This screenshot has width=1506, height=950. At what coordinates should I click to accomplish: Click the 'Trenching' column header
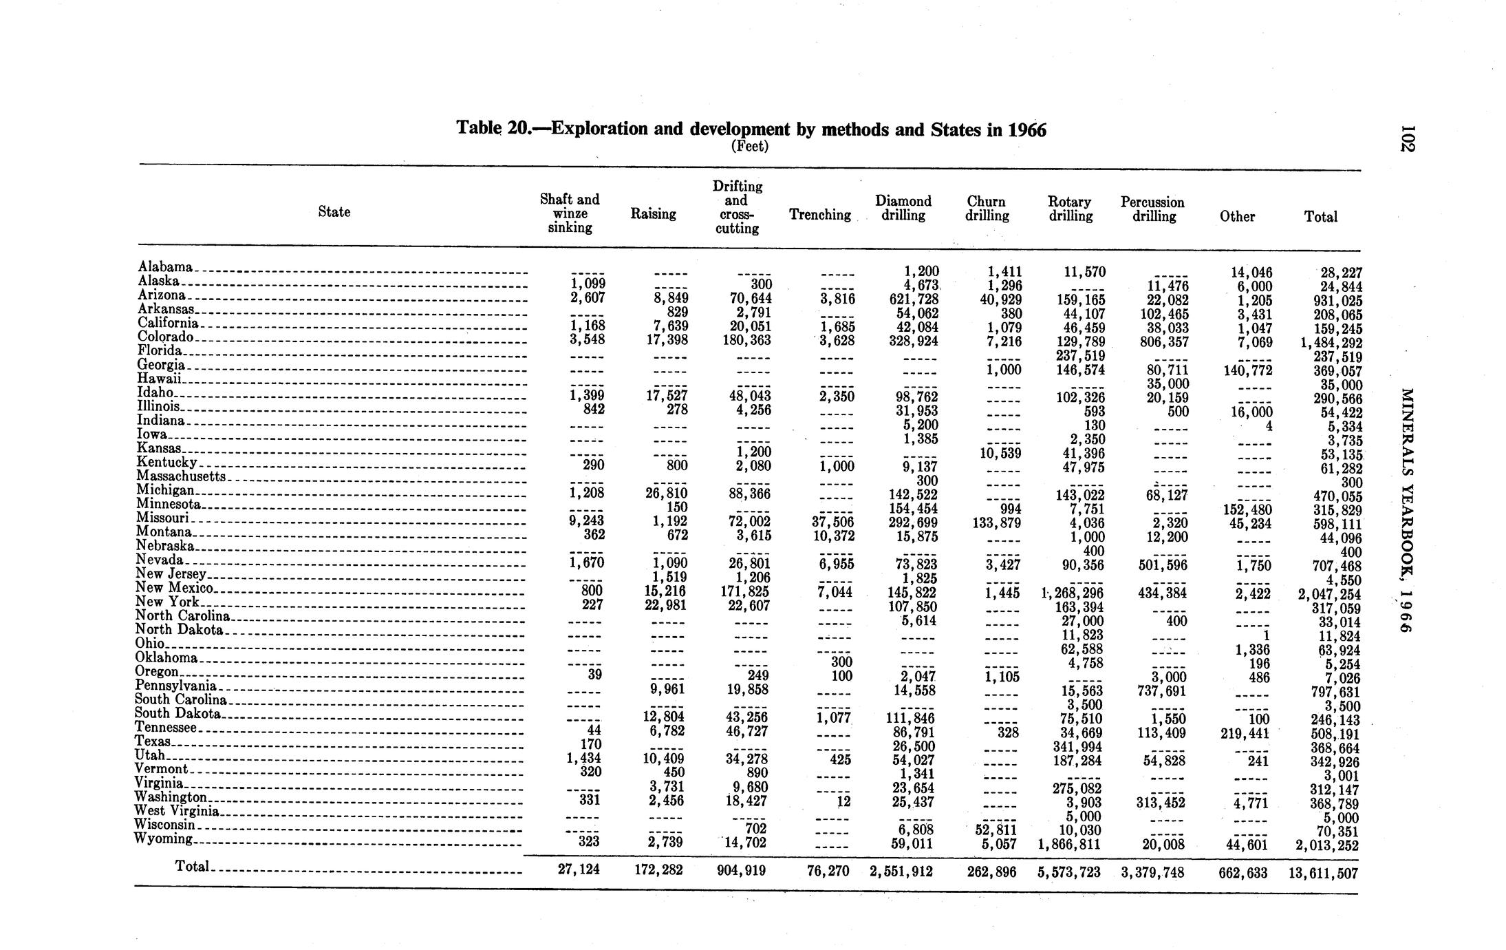click(x=819, y=215)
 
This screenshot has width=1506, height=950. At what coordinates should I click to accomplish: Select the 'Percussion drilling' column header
click(x=1152, y=209)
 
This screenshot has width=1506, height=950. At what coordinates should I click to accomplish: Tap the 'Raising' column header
click(x=653, y=215)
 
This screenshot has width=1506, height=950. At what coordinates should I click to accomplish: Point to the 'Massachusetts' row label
click(x=181, y=476)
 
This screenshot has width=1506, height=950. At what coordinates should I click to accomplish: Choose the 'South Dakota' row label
click(x=178, y=714)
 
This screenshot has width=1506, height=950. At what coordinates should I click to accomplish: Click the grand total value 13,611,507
click(x=1323, y=874)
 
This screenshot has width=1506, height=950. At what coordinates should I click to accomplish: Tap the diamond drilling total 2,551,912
click(x=901, y=872)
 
